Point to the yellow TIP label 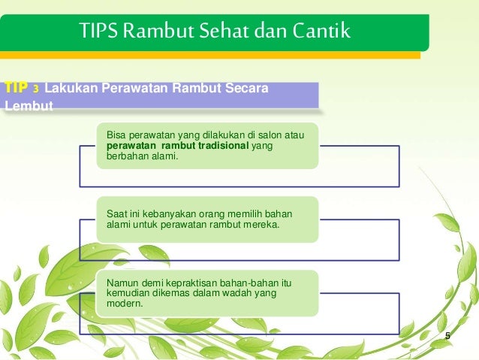click(x=16, y=87)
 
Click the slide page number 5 click(x=447, y=335)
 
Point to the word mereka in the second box click(x=262, y=224)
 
